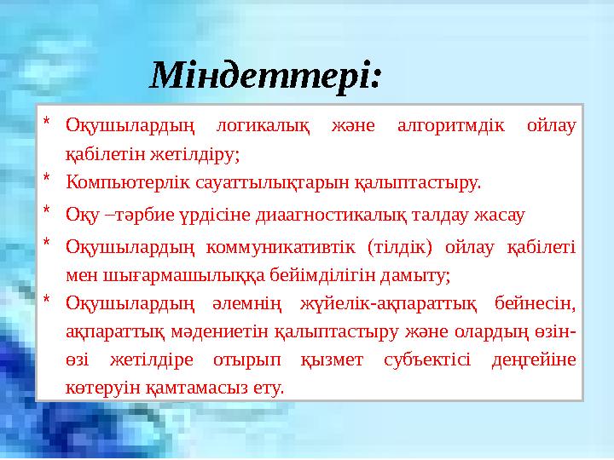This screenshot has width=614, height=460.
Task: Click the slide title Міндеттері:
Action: point(266,77)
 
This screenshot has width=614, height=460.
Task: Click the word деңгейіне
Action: point(534,360)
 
